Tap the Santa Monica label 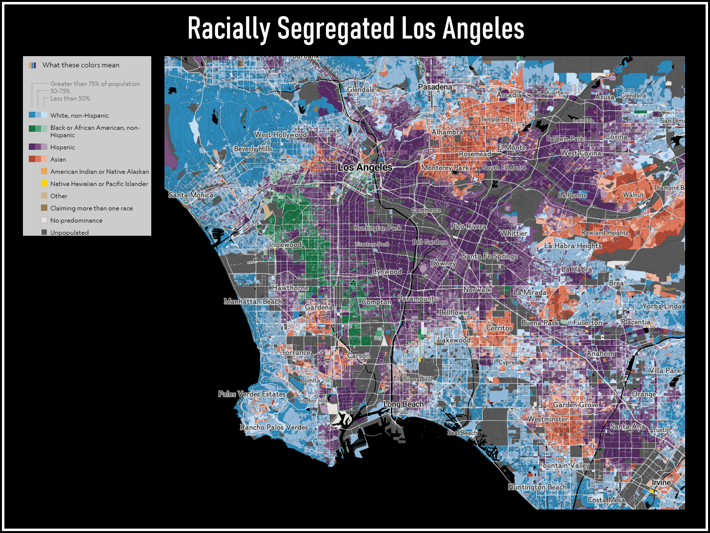(191, 195)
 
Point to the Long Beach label (404, 404)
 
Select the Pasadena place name (435, 87)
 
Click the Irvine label (662, 483)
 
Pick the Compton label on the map (376, 302)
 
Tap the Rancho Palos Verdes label (274, 428)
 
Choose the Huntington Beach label (537, 487)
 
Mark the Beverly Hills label (253, 149)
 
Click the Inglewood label (285, 245)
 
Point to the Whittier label (513, 233)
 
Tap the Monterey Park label (445, 168)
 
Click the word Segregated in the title (335, 29)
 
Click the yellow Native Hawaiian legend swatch (44, 184)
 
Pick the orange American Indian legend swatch (44, 171)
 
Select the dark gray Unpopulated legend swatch (44, 232)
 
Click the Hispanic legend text (62, 147)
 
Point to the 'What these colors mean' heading (81, 65)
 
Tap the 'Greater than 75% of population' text (95, 84)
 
